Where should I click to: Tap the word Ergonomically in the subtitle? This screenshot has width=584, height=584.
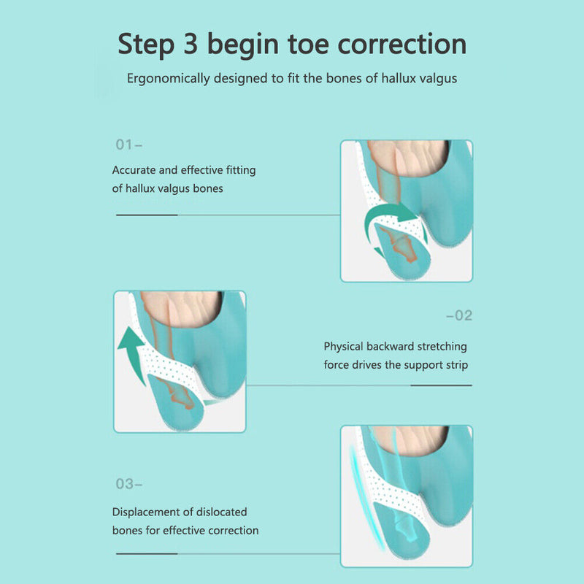(x=168, y=78)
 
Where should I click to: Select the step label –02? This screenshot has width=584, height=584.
(x=459, y=315)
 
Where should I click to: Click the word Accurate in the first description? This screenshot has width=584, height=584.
(x=134, y=170)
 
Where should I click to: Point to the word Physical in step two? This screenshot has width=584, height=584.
(x=345, y=347)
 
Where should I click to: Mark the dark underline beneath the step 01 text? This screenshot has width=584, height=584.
(x=147, y=215)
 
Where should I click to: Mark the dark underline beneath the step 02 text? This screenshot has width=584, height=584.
(x=441, y=385)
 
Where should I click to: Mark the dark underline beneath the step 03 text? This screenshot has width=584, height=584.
(x=147, y=554)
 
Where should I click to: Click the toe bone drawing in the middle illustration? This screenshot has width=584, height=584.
(x=176, y=394)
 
